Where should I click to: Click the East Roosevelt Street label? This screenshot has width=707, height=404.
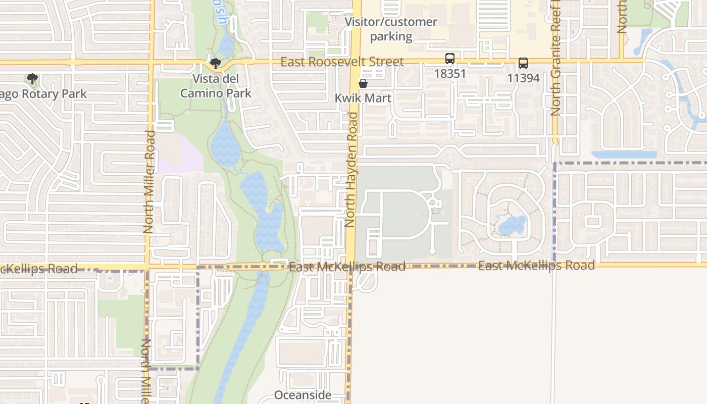click(x=342, y=62)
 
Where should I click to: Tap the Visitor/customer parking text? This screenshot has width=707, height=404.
click(x=391, y=29)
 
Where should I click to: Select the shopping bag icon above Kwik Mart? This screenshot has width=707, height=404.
click(x=363, y=83)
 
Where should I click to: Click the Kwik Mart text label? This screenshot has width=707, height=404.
click(x=363, y=98)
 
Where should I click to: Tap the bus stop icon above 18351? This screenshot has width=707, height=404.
click(x=449, y=59)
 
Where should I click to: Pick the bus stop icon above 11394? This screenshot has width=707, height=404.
click(x=523, y=63)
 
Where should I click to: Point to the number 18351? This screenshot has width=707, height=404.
click(x=449, y=73)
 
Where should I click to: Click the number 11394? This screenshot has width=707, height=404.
click(x=523, y=78)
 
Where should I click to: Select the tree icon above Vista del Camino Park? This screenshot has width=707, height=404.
click(x=216, y=64)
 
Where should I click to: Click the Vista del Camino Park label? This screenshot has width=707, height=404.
click(x=216, y=86)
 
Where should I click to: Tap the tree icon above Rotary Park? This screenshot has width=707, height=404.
click(x=32, y=79)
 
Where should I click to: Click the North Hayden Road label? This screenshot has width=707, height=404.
click(x=351, y=169)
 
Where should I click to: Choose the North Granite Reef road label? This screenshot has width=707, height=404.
click(x=556, y=61)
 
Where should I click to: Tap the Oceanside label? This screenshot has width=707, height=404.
click(x=303, y=395)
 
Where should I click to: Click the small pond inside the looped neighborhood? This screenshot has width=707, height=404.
click(x=512, y=225)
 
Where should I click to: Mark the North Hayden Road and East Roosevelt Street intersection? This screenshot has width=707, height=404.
click(x=356, y=62)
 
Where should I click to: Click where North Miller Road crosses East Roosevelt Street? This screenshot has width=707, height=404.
click(x=150, y=62)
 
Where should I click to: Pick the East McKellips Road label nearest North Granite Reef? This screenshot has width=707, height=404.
click(x=536, y=266)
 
